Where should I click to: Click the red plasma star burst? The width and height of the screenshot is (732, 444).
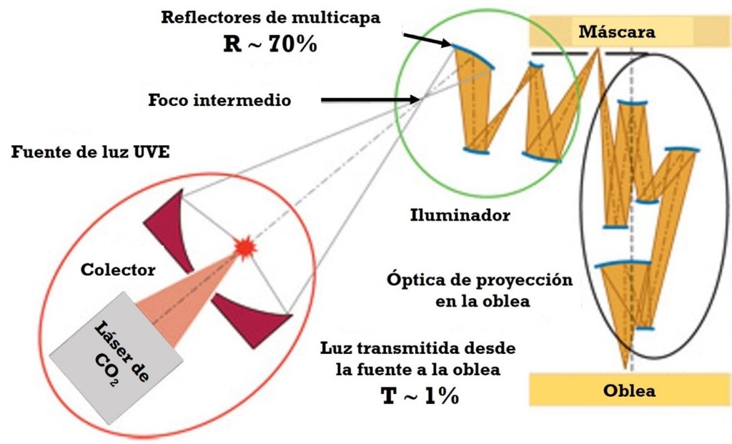pos(246,247)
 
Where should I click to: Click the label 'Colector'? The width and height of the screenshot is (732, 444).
pos(118,270)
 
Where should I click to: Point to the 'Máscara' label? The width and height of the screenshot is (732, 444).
pos(617,32)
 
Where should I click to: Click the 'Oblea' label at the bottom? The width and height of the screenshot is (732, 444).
pos(629,391)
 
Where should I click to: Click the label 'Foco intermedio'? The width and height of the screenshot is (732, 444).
pos(219,100)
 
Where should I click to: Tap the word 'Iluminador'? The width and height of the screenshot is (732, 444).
pos(461,215)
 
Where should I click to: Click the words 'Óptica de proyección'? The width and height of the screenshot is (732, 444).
pos(479,280)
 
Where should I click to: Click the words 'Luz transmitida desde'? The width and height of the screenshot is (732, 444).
pos(417,350)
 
